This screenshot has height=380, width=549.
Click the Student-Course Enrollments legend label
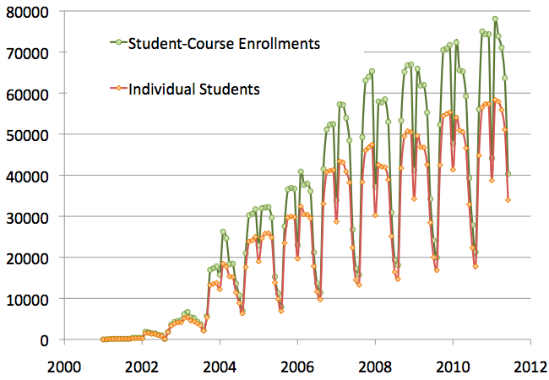224,43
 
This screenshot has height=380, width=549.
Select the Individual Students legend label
193,87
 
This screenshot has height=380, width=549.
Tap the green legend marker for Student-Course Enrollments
119,43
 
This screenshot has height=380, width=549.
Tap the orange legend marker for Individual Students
119,87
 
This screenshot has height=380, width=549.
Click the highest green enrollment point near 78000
495,19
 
